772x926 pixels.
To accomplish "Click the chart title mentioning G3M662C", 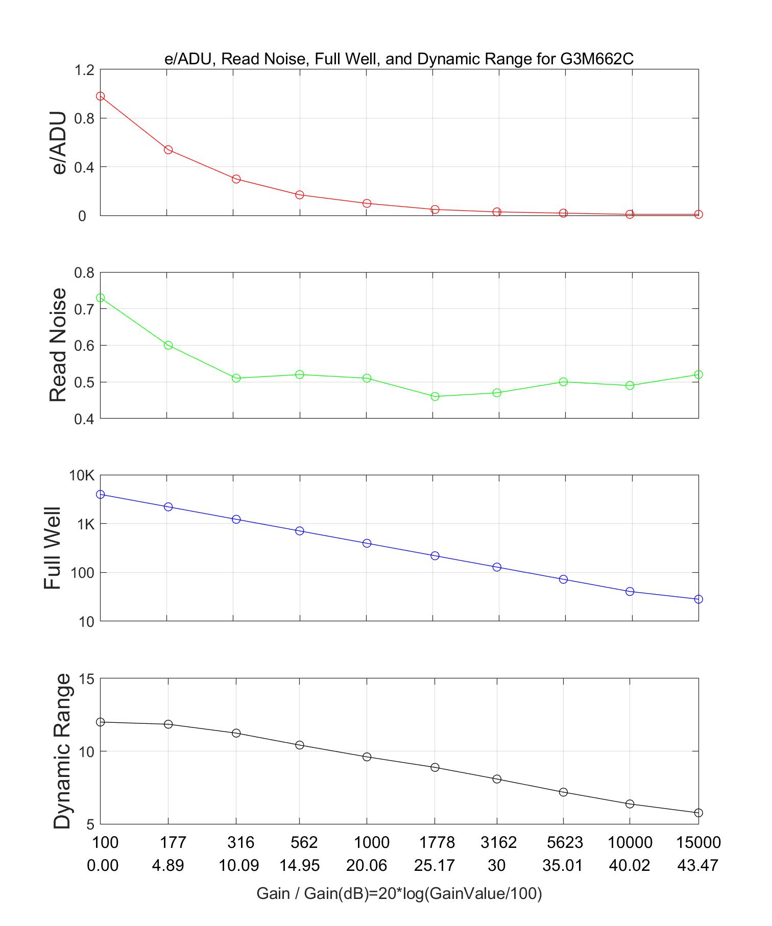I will click(x=399, y=59).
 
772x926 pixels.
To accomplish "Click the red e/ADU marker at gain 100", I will click(x=101, y=96).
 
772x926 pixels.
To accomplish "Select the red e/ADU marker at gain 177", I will click(x=168, y=150).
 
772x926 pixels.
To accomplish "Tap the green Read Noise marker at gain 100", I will click(x=101, y=298).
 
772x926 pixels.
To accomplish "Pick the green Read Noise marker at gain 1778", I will click(x=435, y=396).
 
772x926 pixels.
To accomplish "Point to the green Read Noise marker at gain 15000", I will click(x=698, y=375).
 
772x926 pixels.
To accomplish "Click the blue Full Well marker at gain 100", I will click(x=101, y=494).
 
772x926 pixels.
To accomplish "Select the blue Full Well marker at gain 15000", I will click(x=698, y=599).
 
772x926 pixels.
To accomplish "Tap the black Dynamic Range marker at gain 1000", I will click(x=367, y=757).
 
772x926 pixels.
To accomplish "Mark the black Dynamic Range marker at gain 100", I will click(x=101, y=722).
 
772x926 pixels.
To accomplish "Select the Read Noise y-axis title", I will click(x=58, y=345).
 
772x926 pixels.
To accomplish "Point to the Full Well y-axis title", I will click(x=53, y=548).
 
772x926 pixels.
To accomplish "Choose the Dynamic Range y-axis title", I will click(x=62, y=751).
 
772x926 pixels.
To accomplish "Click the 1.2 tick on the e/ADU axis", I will click(x=85, y=70).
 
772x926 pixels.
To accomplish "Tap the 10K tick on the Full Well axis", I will click(x=82, y=476).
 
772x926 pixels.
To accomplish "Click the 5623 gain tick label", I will click(x=563, y=842).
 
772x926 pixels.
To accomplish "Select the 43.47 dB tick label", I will click(x=698, y=866).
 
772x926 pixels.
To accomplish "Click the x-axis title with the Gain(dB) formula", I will click(x=399, y=893).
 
